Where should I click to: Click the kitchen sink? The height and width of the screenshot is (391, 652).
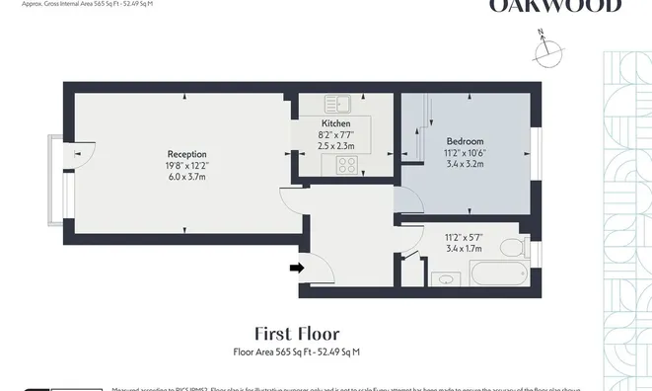(x=334, y=102)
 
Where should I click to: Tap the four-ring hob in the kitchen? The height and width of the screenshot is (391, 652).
(x=346, y=165)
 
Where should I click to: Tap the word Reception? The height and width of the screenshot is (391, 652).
(x=186, y=154)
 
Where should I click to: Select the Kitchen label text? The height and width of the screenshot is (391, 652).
(x=336, y=123)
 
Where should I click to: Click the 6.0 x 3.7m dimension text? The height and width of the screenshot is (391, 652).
(x=186, y=176)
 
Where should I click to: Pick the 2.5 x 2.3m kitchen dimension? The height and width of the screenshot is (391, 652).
(x=336, y=145)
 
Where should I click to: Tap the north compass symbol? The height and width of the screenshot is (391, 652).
(x=545, y=48)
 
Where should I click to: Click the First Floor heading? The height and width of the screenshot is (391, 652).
(x=296, y=334)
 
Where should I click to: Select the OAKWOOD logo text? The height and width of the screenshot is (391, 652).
(x=555, y=7)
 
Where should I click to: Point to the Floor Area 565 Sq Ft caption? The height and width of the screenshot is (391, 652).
(x=296, y=352)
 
